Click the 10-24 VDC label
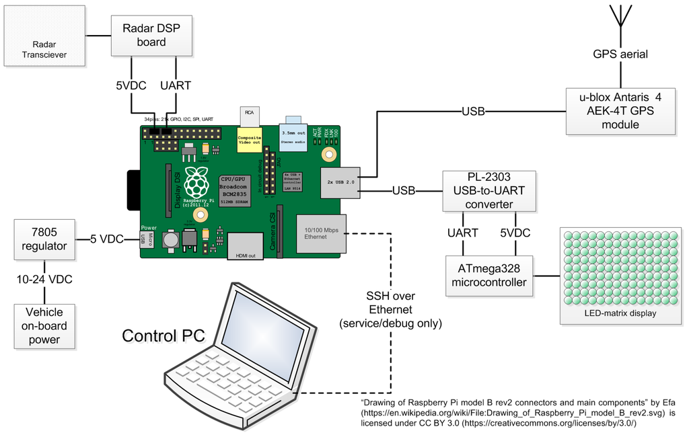[44, 279]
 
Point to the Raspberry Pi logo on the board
[196, 181]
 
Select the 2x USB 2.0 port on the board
[340, 182]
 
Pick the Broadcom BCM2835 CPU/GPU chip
[235, 190]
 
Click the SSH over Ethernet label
[390, 309]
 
